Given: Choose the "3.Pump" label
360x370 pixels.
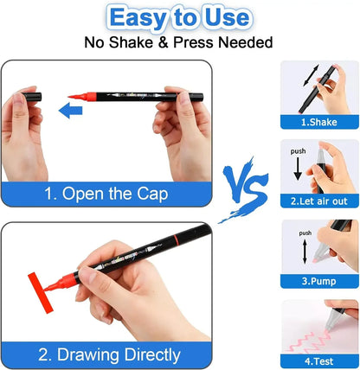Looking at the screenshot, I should (x=318, y=281).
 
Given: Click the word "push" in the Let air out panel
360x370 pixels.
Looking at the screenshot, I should (x=298, y=150).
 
